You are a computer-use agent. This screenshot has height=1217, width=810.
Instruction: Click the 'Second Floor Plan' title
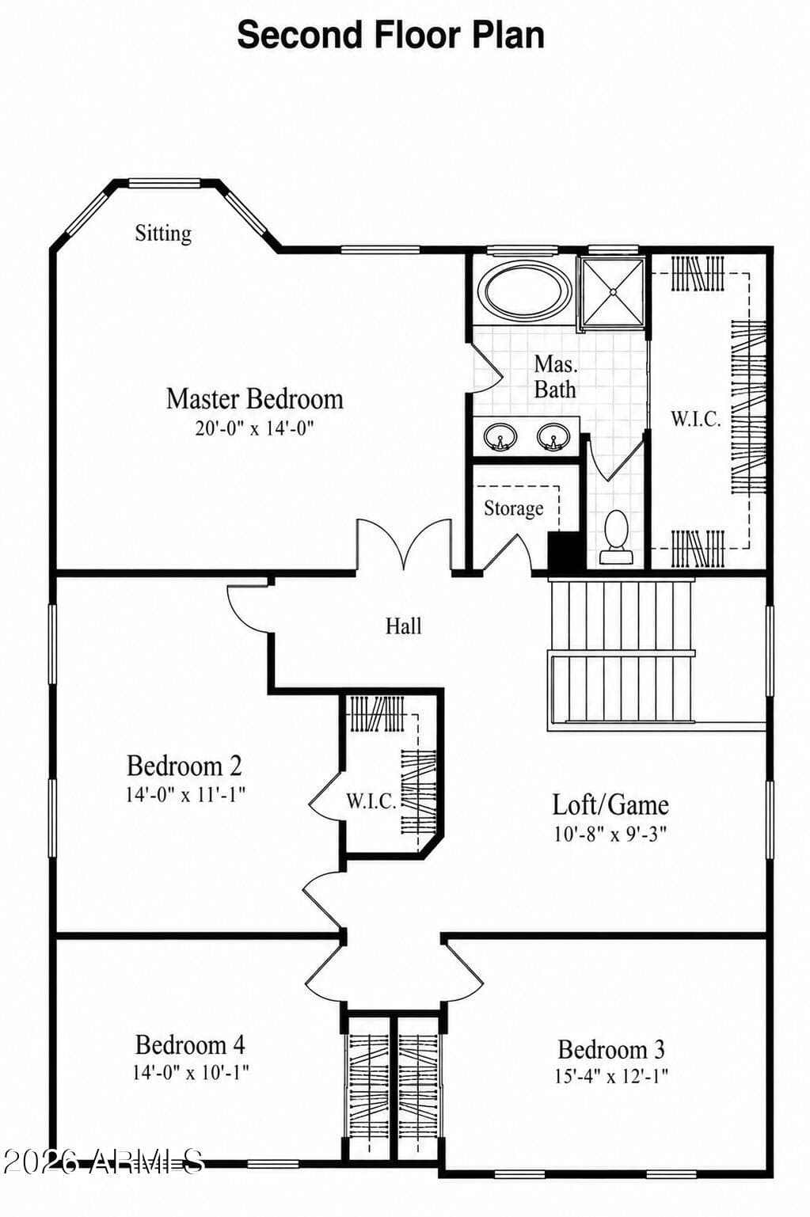pos(390,35)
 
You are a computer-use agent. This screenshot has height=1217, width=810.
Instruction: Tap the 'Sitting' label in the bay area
pos(163,234)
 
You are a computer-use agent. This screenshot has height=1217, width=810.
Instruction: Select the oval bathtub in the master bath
pos(524,291)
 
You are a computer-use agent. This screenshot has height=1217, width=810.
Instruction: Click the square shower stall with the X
pos(613,292)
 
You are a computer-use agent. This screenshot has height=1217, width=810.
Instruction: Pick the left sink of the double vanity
pos(499,436)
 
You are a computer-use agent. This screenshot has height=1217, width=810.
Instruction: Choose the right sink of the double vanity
pos(553,436)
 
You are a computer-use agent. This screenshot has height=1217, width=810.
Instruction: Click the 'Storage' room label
pos(513,509)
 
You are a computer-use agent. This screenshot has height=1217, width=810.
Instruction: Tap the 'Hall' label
pos(404,626)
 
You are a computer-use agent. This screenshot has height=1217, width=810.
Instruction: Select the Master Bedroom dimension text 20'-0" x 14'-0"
pos(255,428)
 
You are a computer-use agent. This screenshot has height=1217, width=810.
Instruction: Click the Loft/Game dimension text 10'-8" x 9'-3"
pos(610,834)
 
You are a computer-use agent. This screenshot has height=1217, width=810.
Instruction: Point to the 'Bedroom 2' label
pos(184,766)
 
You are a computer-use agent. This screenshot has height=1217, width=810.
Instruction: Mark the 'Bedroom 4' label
pos(190,1044)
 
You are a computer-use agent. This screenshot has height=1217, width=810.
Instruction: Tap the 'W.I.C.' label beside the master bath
pos(696,419)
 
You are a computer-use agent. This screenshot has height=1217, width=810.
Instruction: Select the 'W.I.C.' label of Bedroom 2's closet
pos(371,801)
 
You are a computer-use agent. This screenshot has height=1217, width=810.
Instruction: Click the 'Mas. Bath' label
pos(555,377)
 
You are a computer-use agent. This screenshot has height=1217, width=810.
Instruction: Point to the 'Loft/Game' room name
pos(610,804)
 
